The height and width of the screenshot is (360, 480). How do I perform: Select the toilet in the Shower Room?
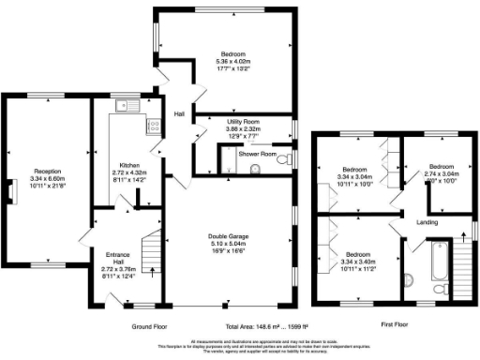[x=256, y=170]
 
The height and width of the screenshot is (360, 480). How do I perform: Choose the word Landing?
[x=427, y=222]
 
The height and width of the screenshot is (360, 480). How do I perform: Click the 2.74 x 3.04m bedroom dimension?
[x=441, y=174]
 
